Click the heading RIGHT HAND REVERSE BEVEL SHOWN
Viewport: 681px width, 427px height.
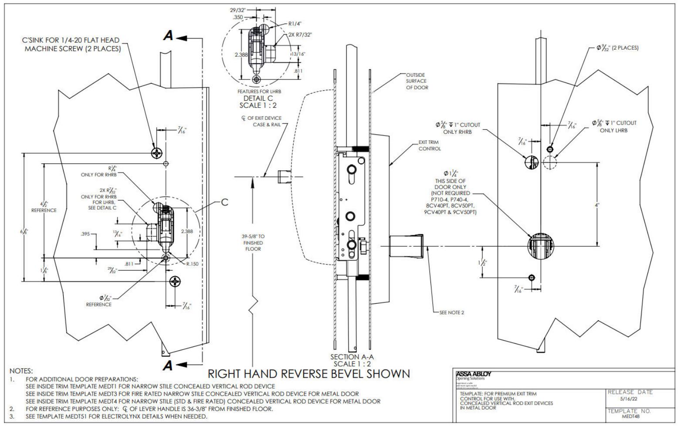coord(309,373)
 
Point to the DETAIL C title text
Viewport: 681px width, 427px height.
coord(256,98)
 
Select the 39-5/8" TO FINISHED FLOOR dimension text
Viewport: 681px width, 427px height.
coord(253,242)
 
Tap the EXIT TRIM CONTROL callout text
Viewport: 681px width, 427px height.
coord(430,146)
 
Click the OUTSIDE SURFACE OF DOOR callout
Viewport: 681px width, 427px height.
coord(417,81)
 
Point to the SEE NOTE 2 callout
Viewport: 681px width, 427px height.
coord(452,312)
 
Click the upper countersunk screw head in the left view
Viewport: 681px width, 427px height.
coord(156,153)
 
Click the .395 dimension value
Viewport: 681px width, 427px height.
coord(85,234)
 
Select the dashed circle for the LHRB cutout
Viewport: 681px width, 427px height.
coord(550,162)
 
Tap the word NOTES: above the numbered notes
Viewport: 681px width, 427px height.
coord(21,371)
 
